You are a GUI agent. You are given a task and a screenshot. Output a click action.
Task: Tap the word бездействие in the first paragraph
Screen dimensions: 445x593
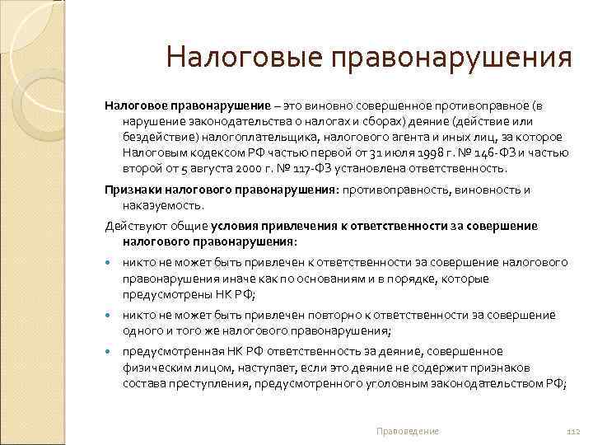(x=154, y=138)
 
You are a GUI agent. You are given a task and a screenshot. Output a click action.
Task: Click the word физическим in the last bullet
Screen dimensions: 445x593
(x=152, y=368)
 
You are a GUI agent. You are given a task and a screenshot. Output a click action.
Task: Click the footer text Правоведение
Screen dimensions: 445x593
(x=407, y=431)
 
